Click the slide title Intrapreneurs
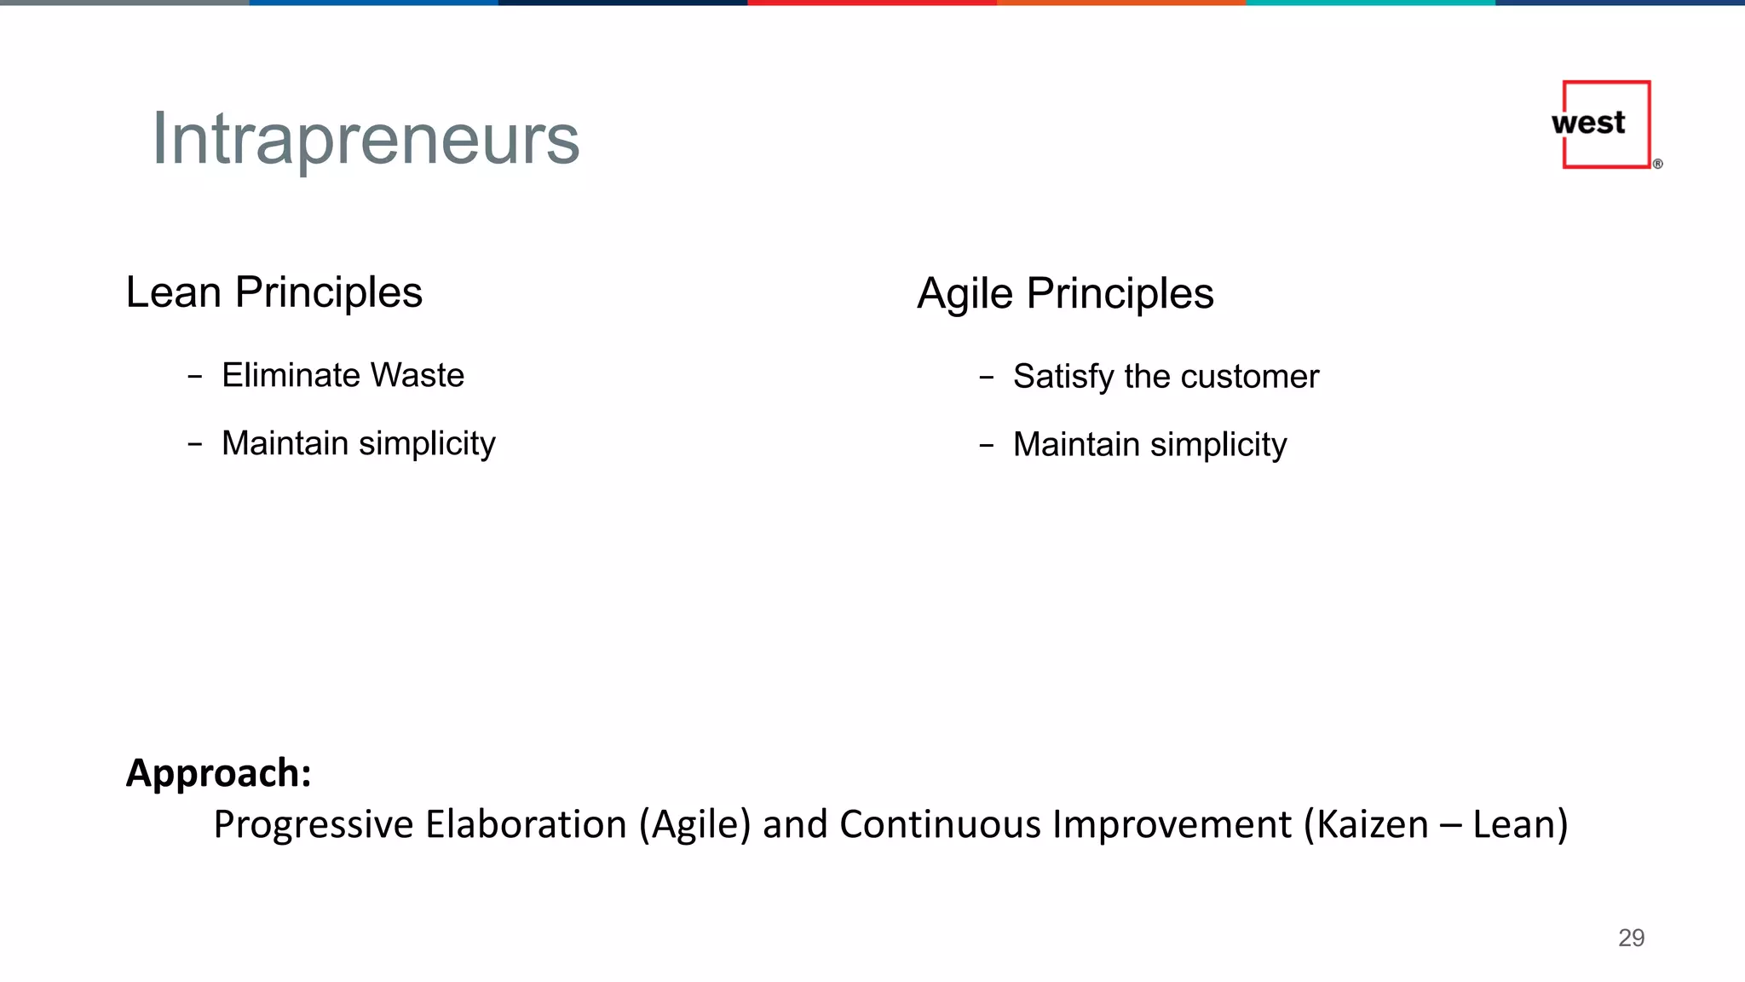tap(366, 139)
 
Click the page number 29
tap(1631, 938)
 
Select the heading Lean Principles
tap(274, 292)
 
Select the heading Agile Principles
tap(1065, 294)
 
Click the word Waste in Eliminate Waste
tap(418, 375)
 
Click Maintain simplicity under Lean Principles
tap(358, 443)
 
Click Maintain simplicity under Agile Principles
tap(1149, 445)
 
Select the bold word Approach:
tap(219, 773)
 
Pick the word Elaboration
tap(526, 824)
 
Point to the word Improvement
tap(1172, 824)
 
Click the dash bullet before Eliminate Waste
tap(195, 376)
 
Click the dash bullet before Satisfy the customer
tap(987, 377)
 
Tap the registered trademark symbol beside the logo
tap(1657, 164)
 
